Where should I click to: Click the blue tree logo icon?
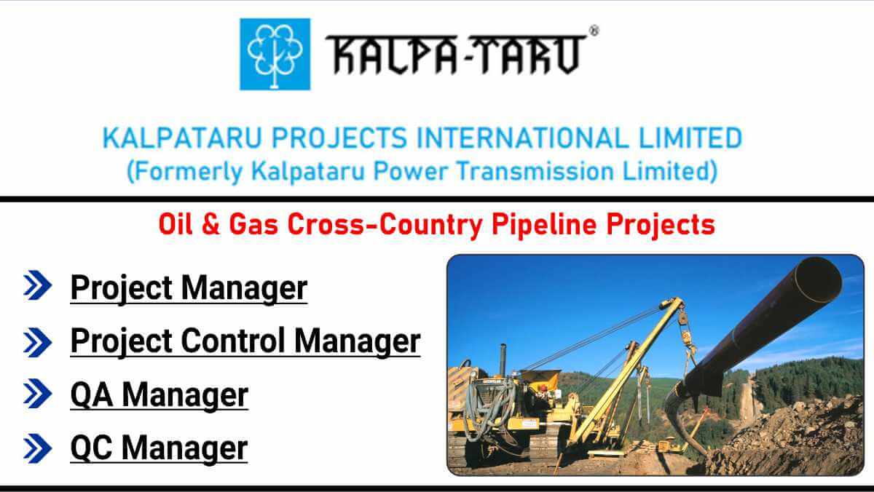(275, 54)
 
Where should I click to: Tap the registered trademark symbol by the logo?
(594, 31)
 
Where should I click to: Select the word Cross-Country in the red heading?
(383, 224)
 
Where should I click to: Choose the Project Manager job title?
(189, 287)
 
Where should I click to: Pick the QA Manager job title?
(159, 395)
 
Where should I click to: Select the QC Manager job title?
(159, 448)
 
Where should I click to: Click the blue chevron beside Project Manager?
(37, 287)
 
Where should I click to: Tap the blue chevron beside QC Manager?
(37, 448)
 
